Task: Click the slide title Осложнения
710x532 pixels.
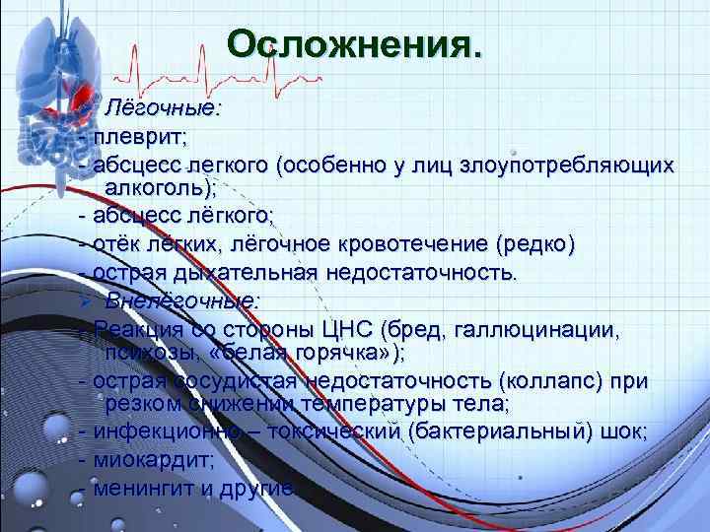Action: point(355,44)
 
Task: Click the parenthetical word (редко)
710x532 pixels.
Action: point(536,242)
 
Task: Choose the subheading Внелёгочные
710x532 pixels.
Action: point(183,300)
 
